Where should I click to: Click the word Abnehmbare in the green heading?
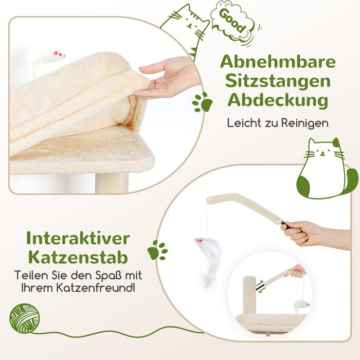tap(278, 62)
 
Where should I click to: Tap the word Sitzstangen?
tap(278, 82)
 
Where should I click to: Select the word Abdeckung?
tap(278, 101)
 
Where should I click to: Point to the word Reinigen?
tap(305, 123)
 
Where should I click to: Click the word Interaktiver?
tap(78, 238)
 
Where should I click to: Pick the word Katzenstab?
tap(78, 257)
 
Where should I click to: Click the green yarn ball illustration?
tap(25, 318)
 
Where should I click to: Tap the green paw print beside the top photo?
tap(202, 102)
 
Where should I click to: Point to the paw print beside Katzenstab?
tap(157, 250)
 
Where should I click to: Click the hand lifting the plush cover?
tap(169, 78)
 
